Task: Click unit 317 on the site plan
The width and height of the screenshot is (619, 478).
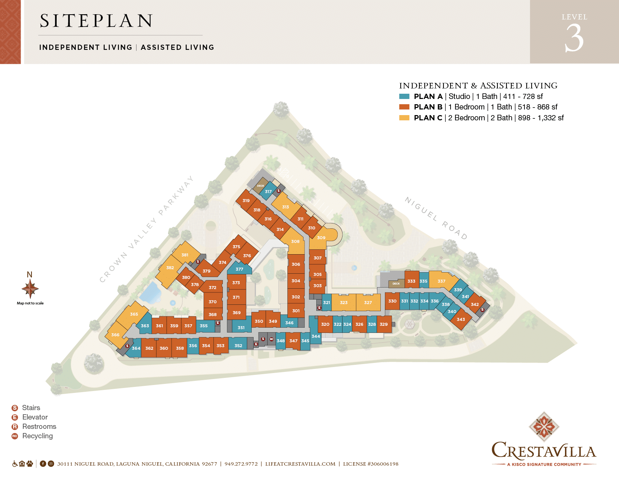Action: pos(268,191)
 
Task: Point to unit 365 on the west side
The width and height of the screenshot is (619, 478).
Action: pos(134,314)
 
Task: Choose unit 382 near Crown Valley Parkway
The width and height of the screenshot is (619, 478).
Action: pos(170,268)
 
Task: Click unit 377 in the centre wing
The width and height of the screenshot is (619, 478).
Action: pos(239,269)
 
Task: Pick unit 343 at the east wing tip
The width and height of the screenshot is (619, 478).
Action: pos(461,319)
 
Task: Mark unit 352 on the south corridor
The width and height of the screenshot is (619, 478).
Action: pos(238,346)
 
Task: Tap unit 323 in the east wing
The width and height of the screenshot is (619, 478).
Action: pos(344,303)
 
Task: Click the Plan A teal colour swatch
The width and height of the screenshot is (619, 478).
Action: pos(404,96)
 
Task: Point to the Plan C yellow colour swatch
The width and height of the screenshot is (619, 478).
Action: pos(404,118)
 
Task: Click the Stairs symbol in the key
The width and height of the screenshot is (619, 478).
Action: pos(15,408)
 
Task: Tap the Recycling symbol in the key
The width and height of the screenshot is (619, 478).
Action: pos(15,436)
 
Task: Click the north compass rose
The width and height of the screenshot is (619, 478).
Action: pos(30,289)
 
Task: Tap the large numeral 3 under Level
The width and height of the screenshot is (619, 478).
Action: pos(574,38)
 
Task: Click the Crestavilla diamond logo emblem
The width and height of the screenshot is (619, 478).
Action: pos(544,427)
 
